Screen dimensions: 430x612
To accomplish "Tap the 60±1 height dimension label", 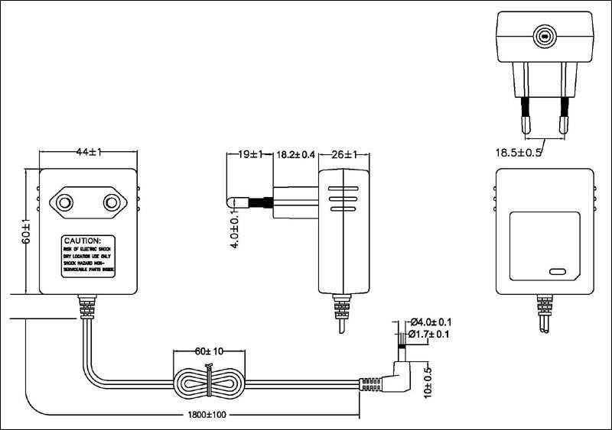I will point(25,231).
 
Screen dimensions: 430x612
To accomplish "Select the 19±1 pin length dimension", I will point(250,154).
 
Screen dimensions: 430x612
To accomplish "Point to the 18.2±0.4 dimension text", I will point(295,154).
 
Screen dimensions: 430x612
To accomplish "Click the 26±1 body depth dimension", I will point(343,154).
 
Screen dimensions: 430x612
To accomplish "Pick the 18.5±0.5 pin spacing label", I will point(519,152).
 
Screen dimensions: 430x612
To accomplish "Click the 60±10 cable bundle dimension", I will point(210,352).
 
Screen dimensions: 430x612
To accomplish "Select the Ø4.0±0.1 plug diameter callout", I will point(431,322).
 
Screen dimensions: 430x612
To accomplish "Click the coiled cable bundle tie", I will point(208,378).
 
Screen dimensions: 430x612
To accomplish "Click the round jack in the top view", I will point(544,35).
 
